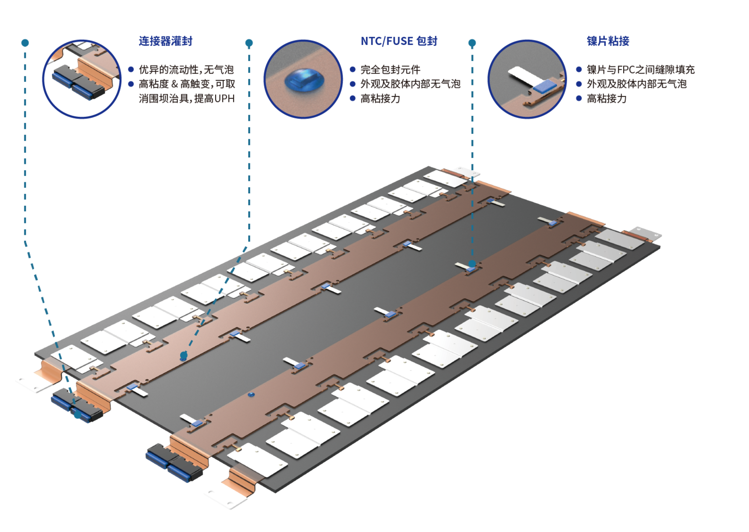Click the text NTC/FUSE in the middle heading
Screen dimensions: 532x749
(x=387, y=41)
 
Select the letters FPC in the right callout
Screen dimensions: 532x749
(x=619, y=69)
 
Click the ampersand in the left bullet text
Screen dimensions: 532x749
(x=174, y=84)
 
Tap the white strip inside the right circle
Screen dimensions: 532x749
(x=522, y=77)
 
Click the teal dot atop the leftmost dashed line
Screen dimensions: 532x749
(x=25, y=43)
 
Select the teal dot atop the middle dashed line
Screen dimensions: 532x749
(x=249, y=43)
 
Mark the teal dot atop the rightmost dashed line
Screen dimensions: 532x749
(x=472, y=43)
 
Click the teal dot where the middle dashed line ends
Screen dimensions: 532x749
(x=184, y=356)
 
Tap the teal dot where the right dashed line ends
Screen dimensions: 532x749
(x=472, y=263)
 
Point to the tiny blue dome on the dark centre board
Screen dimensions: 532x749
(x=251, y=394)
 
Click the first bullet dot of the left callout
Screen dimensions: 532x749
(x=131, y=69)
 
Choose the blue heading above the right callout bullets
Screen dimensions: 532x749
(x=608, y=41)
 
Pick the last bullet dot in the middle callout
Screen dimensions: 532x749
(x=353, y=98)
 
